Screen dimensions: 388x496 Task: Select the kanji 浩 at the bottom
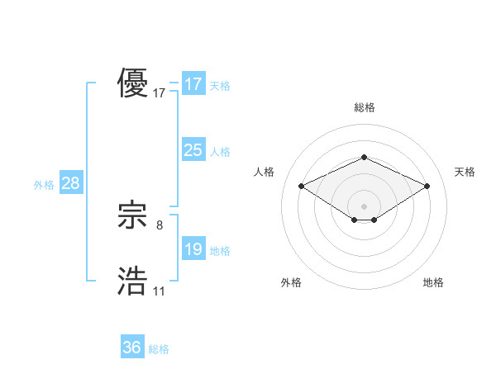tap(133, 282)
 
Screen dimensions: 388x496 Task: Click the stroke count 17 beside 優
tap(160, 93)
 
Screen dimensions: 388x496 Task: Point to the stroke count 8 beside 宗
tap(160, 225)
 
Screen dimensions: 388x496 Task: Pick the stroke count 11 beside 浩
tap(159, 291)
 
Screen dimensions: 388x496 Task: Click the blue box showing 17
tap(193, 84)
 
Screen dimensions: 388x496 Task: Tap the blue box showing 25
tap(193, 150)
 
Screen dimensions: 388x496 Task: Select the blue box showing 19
tap(193, 249)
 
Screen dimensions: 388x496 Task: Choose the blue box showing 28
tap(70, 183)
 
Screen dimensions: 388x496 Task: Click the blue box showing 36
tap(132, 348)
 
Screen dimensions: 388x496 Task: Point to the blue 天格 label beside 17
tap(220, 86)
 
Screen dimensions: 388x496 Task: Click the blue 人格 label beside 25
tap(220, 152)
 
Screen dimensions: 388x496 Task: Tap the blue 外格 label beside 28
tap(44, 185)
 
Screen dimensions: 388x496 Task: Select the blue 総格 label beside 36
tap(159, 349)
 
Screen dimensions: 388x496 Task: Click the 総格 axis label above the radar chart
tap(364, 107)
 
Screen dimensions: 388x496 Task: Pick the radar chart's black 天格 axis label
tap(465, 172)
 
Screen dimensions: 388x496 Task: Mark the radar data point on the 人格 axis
tap(301, 187)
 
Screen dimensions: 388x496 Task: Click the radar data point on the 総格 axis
tap(364, 157)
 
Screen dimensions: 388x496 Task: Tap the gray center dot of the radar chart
tap(364, 206)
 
